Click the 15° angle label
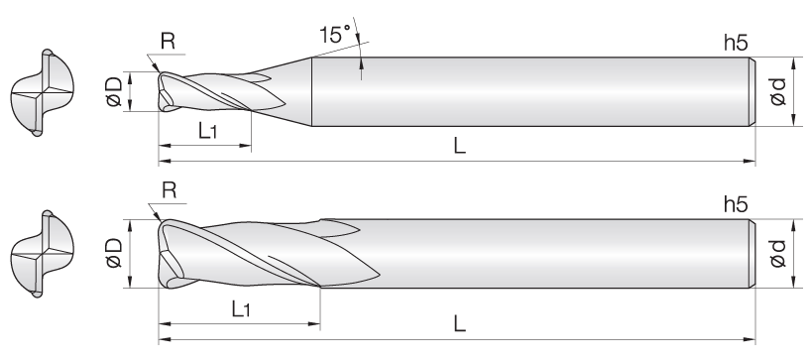pos(335,35)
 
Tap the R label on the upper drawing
pos(169,41)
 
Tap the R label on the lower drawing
pos(170,190)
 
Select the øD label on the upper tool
pos(114,91)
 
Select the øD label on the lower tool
pos(114,253)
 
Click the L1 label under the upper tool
pos(207,131)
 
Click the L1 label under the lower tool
pos(241,308)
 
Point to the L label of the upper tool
pos(459,146)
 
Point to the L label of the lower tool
pos(459,324)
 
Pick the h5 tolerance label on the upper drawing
pos(736,43)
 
